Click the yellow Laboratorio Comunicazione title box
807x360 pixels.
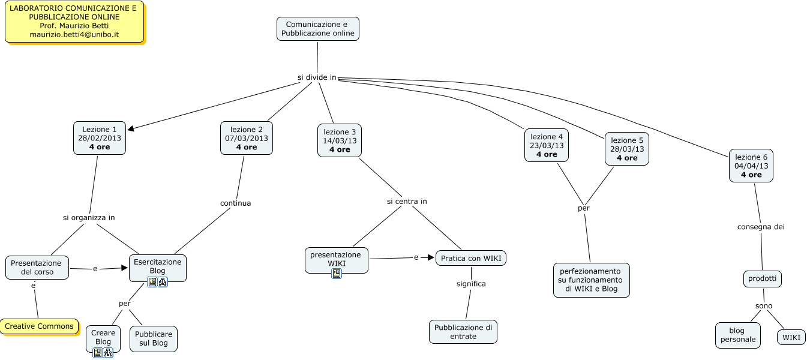(x=74, y=22)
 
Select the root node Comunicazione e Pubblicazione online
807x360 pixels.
(x=318, y=29)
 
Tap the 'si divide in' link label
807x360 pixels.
(x=317, y=77)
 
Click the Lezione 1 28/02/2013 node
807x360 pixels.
(x=100, y=138)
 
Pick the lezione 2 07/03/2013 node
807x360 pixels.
(x=247, y=138)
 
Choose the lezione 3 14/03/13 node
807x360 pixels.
(x=340, y=140)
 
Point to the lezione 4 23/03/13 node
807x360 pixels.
(x=547, y=145)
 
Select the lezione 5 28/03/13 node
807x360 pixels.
(x=627, y=149)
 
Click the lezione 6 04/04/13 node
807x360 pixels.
(x=751, y=166)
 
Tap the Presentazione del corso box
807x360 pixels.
(x=37, y=268)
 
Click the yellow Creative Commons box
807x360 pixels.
(x=40, y=326)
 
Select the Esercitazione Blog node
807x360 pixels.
(x=158, y=266)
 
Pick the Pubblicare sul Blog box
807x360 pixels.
(x=154, y=339)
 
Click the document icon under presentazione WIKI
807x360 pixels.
(x=337, y=274)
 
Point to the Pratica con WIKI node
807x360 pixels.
(x=471, y=259)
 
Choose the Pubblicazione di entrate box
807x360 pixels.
(x=463, y=332)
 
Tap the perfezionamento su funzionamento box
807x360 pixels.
(x=591, y=280)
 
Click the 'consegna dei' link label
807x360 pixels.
(x=761, y=227)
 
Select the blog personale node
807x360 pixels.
(x=737, y=335)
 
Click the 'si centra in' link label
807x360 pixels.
(x=407, y=202)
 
